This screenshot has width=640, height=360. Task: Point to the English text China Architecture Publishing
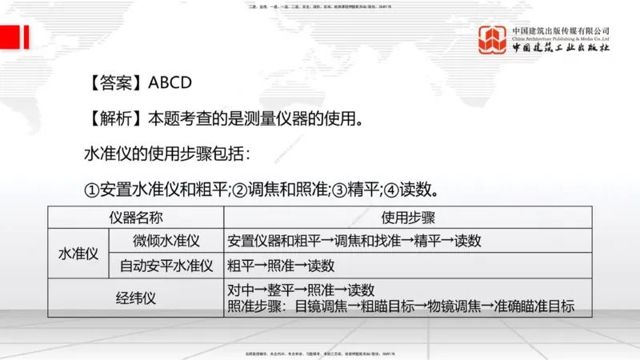560,38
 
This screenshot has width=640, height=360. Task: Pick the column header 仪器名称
135,218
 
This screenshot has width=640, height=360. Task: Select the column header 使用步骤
408,218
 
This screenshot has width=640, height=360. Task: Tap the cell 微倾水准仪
166,241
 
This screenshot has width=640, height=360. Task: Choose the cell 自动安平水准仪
166,266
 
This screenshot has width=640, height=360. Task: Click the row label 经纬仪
135,298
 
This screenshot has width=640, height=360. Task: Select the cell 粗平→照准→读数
281,266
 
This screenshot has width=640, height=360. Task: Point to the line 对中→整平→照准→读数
301,290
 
